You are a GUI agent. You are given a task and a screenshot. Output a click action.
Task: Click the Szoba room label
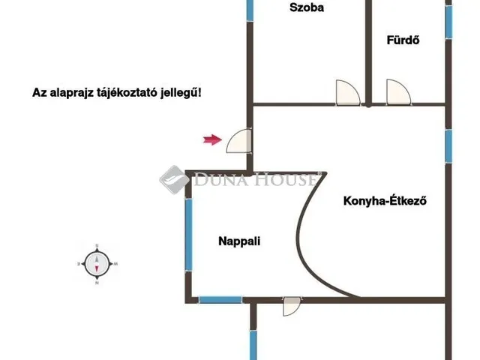click(307, 7)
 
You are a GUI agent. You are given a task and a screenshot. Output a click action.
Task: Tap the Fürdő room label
click(403, 40)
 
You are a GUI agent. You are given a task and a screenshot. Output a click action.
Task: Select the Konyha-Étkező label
click(385, 201)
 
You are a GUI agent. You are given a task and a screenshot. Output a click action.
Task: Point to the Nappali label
click(239, 241)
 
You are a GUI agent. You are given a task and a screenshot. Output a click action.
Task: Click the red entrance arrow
click(212, 140)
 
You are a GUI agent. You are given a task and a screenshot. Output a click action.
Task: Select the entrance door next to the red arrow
click(239, 140)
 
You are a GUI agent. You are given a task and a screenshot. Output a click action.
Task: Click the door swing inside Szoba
click(348, 92)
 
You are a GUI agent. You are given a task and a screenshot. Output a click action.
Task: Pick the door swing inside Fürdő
click(398, 92)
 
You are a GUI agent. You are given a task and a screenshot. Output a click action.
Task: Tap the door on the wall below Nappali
click(292, 306)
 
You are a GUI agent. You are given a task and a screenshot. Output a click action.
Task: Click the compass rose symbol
click(97, 264)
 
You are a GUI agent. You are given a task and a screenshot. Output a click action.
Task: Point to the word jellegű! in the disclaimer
click(181, 93)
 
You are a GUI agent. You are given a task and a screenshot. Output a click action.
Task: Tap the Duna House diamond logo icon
click(175, 180)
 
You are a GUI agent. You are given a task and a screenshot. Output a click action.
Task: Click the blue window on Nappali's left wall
click(188, 235)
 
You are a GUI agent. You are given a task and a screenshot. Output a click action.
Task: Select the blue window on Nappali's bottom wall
click(220, 300)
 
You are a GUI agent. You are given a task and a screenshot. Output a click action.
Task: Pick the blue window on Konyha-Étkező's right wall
click(448, 146)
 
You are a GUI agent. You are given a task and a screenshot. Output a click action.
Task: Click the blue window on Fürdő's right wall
click(448, 22)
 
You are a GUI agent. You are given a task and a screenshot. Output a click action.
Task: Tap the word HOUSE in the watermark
click(285, 179)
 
